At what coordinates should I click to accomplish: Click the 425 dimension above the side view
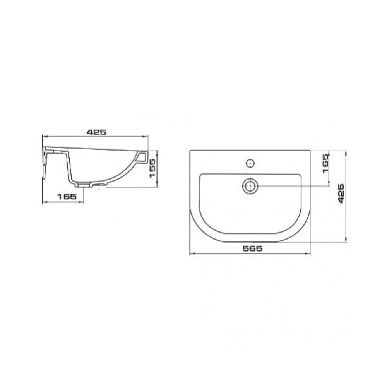[x=96, y=132]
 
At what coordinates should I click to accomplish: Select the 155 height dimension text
[x=152, y=168]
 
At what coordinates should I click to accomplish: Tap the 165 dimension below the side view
[x=67, y=197]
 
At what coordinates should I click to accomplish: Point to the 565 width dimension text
[x=252, y=248]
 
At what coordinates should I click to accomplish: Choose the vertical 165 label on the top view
[x=326, y=163]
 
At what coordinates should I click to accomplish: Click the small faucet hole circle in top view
[x=250, y=163]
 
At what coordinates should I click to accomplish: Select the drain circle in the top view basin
[x=250, y=186]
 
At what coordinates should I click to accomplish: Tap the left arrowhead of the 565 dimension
[x=192, y=253]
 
